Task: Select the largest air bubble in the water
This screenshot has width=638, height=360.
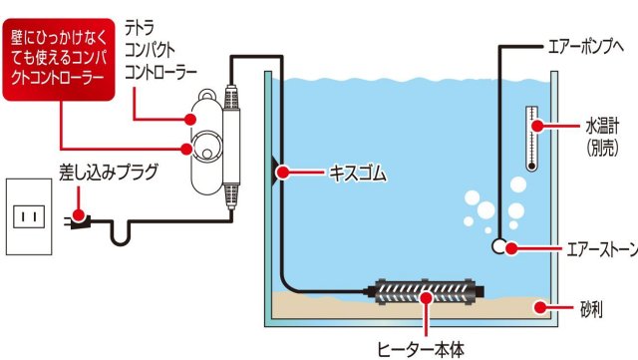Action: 484,211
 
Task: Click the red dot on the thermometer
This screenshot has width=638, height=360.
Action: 536,126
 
